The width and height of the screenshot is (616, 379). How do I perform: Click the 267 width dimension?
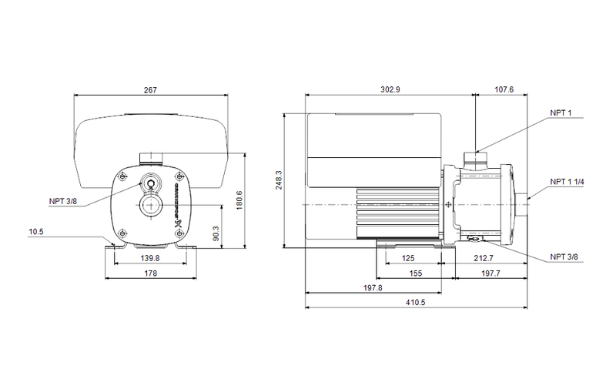(x=150, y=90)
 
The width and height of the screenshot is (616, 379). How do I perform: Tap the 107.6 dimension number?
(x=503, y=90)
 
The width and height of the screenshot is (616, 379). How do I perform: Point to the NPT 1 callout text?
(x=561, y=113)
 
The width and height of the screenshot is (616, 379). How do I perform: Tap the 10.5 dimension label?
(x=37, y=230)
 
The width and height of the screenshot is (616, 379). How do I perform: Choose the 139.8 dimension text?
(x=150, y=258)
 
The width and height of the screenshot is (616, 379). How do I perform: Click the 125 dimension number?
(x=408, y=258)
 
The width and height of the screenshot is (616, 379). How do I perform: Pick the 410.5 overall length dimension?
(x=416, y=302)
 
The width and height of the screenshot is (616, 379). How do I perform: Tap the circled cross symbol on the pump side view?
(x=448, y=205)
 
